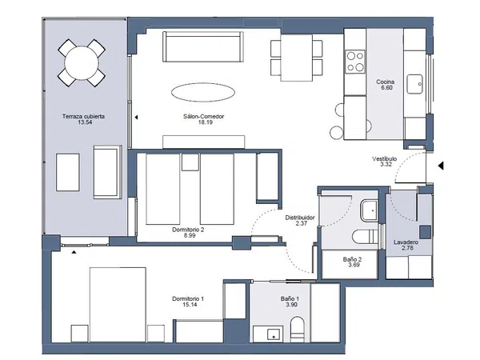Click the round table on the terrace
(82, 63)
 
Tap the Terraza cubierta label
(83, 116)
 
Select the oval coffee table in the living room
(203, 92)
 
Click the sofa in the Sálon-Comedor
(203, 46)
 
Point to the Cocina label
(385, 82)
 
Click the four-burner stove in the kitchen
(355, 62)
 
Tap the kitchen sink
(414, 84)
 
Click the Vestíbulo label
(385, 159)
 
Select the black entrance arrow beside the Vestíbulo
(441, 166)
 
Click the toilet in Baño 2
(365, 237)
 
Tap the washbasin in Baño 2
(370, 210)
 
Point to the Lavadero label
(406, 242)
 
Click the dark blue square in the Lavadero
(426, 232)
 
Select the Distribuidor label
(300, 218)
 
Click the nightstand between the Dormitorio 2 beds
(190, 162)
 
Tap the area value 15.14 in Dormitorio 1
(190, 305)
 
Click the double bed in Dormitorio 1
(118, 305)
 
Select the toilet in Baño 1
(297, 330)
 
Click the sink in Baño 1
(273, 334)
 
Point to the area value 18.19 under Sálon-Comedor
(206, 122)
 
